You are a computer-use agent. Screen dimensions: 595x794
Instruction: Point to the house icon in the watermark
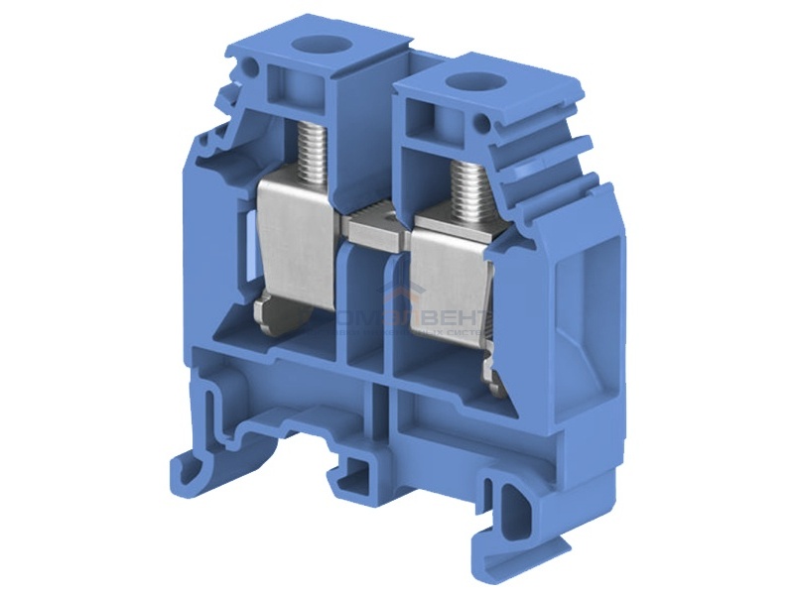(x=407, y=297)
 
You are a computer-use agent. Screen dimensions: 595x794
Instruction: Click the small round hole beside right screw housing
(x=483, y=125)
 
